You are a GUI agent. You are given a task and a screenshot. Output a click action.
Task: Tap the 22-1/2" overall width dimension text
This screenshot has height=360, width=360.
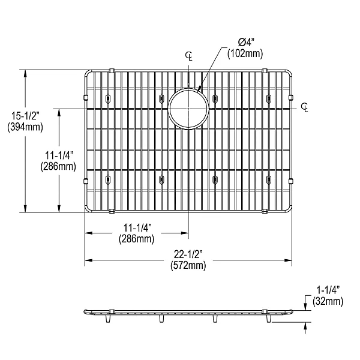tap(188, 254)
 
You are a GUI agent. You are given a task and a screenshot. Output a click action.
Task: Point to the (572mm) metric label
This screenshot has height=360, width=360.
tap(188, 266)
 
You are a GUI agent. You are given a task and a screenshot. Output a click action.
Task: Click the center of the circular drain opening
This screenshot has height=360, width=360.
tap(188, 109)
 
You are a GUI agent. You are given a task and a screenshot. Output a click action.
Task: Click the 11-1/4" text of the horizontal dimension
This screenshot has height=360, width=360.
tap(137, 227)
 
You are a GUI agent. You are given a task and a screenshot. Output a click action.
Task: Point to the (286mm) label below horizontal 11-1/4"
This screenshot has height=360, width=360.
tap(137, 238)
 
